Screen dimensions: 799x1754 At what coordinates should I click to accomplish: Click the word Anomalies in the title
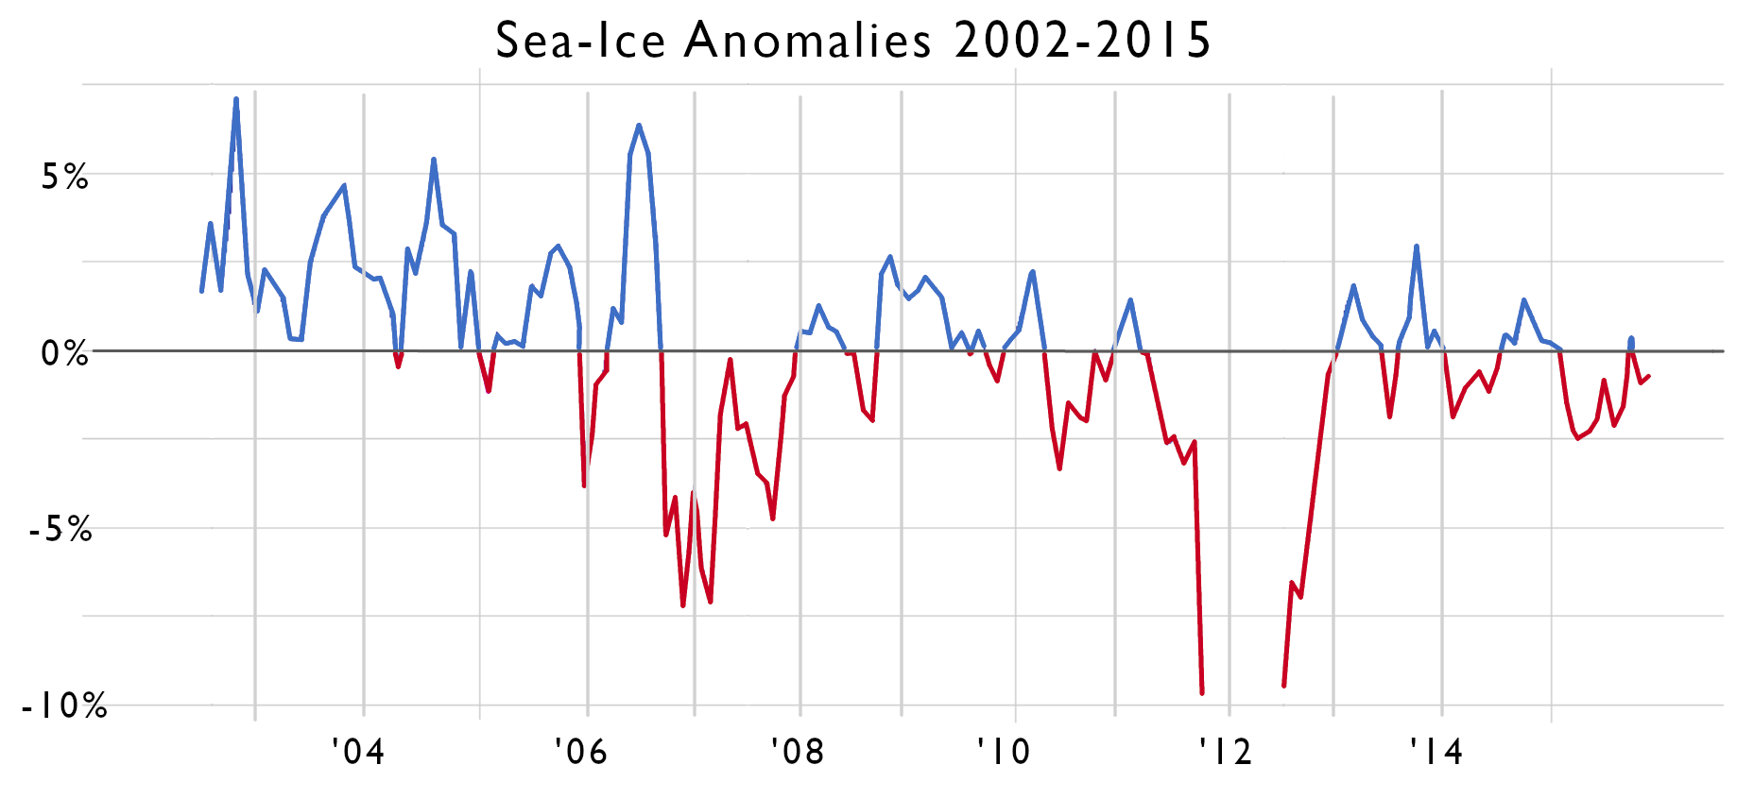point(808,41)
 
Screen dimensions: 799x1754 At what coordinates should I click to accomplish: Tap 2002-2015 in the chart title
point(1082,41)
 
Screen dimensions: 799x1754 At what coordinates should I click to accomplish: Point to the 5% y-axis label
point(64,177)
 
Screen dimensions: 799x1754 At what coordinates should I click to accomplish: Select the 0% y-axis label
point(64,353)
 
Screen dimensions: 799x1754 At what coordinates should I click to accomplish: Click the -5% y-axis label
point(60,530)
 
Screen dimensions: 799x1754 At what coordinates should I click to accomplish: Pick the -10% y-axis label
point(63,705)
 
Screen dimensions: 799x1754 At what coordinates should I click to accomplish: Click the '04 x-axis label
point(358,752)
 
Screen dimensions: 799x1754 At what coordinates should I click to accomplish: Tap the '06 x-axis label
point(580,752)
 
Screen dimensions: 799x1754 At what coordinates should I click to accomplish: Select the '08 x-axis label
point(797,752)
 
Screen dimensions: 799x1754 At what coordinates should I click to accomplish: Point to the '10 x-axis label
point(1003,752)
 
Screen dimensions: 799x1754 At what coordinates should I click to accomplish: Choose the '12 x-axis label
point(1225,752)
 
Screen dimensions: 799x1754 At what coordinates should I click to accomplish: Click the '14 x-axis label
point(1436,752)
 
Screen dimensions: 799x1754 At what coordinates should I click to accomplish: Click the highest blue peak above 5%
point(236,98)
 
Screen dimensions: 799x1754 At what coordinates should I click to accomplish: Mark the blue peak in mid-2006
point(639,125)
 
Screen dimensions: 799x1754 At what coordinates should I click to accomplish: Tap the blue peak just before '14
point(1417,246)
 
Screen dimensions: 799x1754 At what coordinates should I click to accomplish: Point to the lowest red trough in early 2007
point(683,605)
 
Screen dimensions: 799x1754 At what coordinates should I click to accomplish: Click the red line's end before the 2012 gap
point(1202,693)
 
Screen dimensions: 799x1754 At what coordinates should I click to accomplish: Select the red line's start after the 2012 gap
point(1283,686)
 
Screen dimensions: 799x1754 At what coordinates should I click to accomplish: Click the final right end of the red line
point(1649,377)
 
